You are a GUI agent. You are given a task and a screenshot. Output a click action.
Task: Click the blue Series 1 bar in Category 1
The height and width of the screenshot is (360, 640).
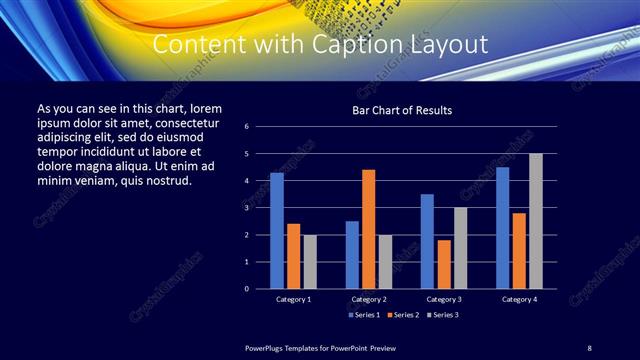pos(277,231)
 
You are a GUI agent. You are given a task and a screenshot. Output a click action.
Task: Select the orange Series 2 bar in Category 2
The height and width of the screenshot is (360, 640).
pos(369,229)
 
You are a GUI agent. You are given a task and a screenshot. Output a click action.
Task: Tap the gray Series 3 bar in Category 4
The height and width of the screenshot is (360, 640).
pos(536,221)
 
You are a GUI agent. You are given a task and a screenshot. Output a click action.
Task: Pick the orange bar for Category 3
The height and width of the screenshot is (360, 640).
pos(444,264)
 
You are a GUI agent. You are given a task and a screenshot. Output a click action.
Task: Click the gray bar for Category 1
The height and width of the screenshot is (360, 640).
pos(310,261)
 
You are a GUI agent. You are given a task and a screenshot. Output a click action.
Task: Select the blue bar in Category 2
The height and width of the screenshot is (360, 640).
pos(352,254)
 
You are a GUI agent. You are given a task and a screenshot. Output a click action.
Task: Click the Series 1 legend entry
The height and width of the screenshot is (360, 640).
pos(364,315)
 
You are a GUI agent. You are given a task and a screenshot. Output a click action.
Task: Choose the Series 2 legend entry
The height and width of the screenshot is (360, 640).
pos(401,315)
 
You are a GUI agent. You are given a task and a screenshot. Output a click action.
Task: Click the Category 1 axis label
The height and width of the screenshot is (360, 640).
pos(293,299)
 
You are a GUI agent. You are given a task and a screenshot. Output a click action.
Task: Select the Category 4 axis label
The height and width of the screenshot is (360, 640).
pos(519,299)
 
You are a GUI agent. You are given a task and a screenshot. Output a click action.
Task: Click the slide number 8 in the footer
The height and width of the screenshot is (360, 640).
pos(589,346)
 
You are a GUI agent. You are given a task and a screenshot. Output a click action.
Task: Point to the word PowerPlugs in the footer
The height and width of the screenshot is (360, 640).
pos(267,346)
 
